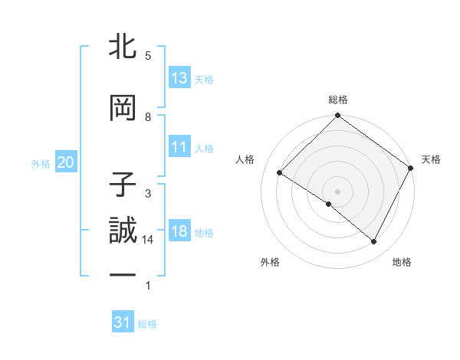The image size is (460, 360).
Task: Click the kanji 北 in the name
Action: coord(123,47)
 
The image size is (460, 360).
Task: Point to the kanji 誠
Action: coord(123,231)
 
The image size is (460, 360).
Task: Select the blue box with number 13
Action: coord(179,78)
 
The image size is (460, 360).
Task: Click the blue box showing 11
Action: coord(179,147)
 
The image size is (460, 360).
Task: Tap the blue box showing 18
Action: coord(179,231)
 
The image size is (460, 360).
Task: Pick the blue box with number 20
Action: coord(65,162)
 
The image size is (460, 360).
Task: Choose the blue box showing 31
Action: coord(123,322)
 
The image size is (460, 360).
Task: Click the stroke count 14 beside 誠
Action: coord(148,240)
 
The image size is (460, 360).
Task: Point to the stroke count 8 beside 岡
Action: coord(148,117)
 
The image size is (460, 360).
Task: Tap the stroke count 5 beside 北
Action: coord(148,56)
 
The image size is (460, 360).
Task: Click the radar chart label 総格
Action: coord(338,100)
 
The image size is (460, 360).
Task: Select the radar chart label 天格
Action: coord(431,159)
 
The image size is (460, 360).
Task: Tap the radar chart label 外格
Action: coord(270,262)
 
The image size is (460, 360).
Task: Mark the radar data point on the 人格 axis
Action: coord(280,172)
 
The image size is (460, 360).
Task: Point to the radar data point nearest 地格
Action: coord(374,242)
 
